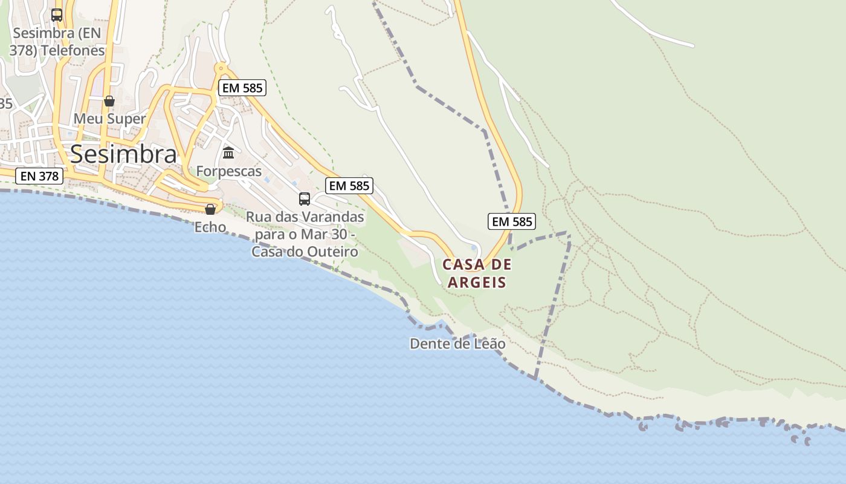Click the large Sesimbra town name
click(124, 155)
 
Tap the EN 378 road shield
click(39, 176)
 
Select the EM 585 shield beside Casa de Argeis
click(511, 221)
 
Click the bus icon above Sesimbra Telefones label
click(57, 15)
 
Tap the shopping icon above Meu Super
click(109, 101)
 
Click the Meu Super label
click(109, 119)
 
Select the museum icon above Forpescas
click(228, 152)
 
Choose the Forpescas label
click(228, 171)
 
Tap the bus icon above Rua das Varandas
click(305, 199)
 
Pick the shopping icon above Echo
click(210, 209)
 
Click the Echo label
click(210, 227)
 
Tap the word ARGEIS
click(477, 282)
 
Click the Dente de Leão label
click(457, 344)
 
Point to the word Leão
click(490, 344)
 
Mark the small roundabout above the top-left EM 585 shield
click(221, 68)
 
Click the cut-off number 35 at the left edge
click(5, 103)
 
